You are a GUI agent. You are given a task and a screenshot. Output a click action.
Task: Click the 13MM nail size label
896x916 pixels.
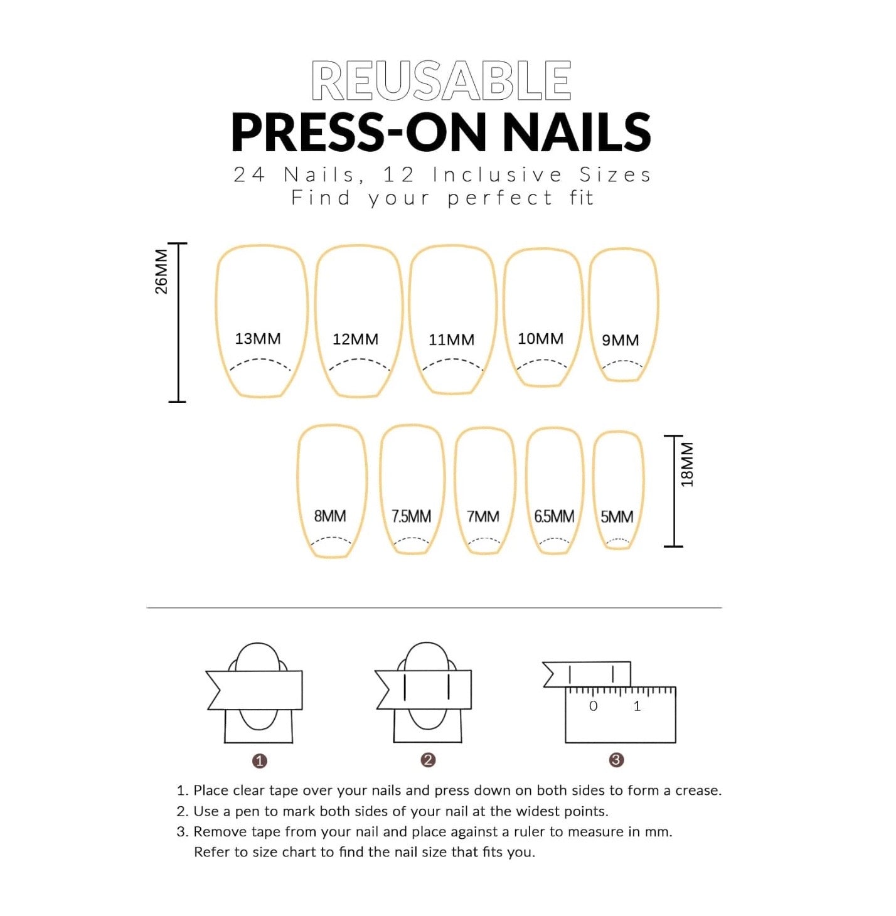coord(257,338)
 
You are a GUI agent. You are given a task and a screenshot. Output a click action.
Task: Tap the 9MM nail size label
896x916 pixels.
coord(620,340)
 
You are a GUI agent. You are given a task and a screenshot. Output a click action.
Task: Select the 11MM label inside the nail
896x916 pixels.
coord(451,339)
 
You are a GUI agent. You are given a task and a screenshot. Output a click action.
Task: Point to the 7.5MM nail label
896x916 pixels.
coord(411,516)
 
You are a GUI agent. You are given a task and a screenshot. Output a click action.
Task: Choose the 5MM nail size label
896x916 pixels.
coord(617,517)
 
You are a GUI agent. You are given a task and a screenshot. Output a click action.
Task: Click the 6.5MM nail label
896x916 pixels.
coord(554,516)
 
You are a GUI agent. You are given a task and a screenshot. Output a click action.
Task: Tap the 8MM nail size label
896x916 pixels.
coord(330,516)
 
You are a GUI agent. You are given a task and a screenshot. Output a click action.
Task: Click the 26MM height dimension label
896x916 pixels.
coord(161,272)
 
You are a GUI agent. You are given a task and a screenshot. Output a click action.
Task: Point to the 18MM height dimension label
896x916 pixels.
coord(687,465)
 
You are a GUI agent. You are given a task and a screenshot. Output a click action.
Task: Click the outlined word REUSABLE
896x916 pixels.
coord(441,80)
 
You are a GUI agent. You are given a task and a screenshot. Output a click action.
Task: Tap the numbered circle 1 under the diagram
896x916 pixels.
coord(259,761)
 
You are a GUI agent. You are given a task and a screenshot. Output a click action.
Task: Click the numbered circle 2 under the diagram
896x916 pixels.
coord(428,760)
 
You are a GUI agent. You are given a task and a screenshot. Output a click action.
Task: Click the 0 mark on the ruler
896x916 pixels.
coord(593,706)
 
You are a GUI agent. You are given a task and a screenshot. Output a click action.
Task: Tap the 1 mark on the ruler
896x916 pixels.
coord(637,706)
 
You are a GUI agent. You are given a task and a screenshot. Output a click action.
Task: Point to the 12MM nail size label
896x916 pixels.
coord(356,339)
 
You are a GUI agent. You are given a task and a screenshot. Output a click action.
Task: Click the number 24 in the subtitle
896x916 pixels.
coord(250,175)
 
